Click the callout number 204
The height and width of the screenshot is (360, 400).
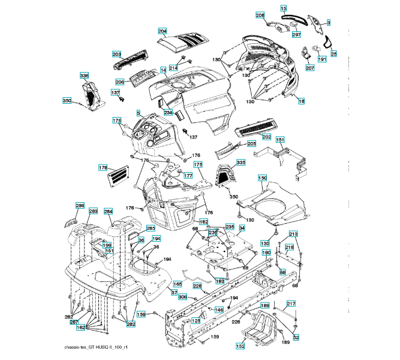(x=163, y=31)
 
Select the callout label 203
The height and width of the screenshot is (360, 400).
(x=117, y=54)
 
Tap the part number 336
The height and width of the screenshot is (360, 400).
(x=85, y=76)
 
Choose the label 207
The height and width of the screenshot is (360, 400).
(x=309, y=68)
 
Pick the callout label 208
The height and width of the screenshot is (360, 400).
(x=260, y=15)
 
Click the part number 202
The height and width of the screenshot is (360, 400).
(x=266, y=137)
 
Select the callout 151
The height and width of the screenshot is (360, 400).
(x=279, y=139)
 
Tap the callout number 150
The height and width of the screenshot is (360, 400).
(x=262, y=178)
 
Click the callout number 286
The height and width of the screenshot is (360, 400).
(x=80, y=206)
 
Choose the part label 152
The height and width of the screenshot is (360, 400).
(x=240, y=346)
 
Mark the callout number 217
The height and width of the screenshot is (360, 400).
(x=291, y=304)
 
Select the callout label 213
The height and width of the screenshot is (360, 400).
(x=293, y=233)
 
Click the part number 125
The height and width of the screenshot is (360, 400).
(x=196, y=322)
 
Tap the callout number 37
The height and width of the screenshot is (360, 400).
(x=174, y=293)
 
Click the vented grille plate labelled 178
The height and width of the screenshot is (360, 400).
(x=119, y=174)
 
